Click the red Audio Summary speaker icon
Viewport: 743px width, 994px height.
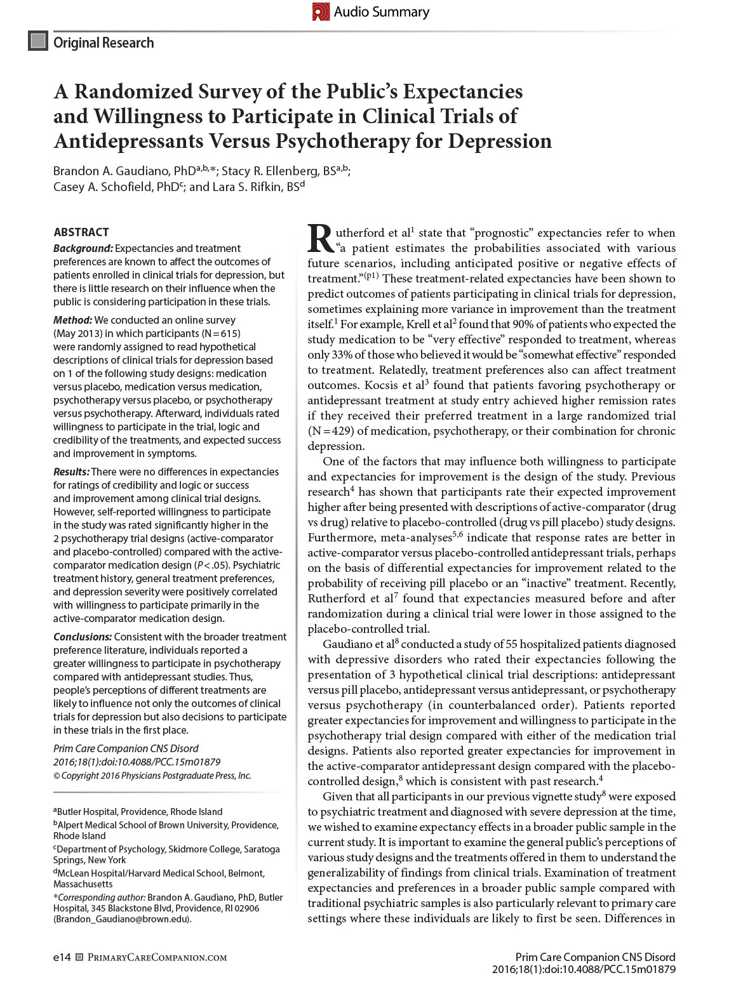[x=321, y=11]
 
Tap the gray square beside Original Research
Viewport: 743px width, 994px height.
[x=38, y=42]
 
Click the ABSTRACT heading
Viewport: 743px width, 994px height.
[x=81, y=232]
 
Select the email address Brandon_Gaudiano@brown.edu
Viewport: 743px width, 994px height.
[x=123, y=919]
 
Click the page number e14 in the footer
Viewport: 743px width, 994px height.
[x=62, y=957]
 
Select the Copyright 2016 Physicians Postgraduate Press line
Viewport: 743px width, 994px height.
[x=152, y=775]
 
